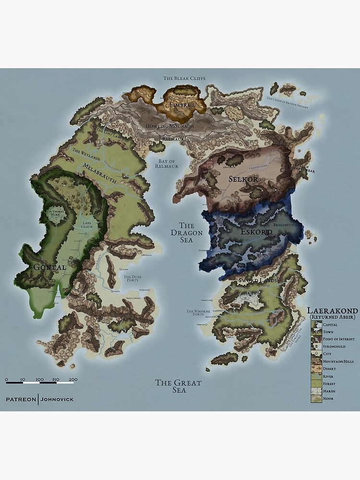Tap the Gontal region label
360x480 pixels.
[x=46, y=267]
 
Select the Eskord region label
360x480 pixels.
[x=257, y=232]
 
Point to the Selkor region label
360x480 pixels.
[x=243, y=179]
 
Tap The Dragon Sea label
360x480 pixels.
[x=187, y=233]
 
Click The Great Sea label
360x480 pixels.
[x=178, y=386]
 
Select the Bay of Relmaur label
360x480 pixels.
[x=167, y=163]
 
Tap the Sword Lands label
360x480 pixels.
[x=259, y=279]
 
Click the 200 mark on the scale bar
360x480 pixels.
[x=73, y=380]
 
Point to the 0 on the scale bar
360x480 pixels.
[x=7, y=380]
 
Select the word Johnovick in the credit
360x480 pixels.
[x=57, y=399]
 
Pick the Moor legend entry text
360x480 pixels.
[x=328, y=398]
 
